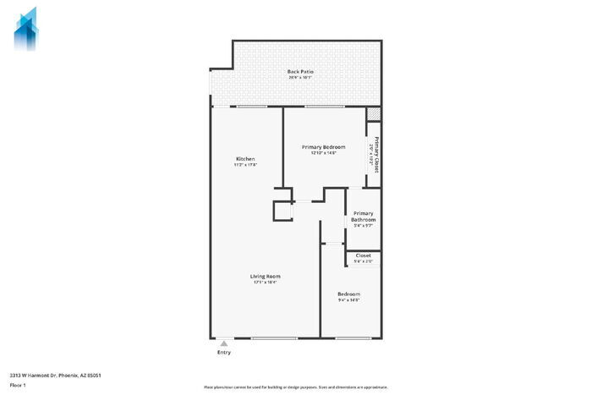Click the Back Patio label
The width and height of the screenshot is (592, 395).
300,72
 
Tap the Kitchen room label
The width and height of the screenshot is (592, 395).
245,159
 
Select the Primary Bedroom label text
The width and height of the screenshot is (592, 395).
323,147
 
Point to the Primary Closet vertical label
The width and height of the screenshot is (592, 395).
375,155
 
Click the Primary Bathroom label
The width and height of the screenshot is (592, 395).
363,217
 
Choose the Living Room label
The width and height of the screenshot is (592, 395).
265,277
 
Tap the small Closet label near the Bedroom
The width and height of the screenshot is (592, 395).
363,255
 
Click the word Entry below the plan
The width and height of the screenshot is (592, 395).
223,352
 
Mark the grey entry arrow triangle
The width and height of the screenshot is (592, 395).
223,343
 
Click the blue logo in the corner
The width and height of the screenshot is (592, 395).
26,27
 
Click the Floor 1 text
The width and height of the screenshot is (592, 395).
19,385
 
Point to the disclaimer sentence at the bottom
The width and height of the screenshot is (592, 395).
295,385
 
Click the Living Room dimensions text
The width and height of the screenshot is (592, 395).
265,283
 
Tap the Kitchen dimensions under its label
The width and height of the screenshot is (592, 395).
245,165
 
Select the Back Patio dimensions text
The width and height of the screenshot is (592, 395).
300,78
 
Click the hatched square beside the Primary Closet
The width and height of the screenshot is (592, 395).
373,114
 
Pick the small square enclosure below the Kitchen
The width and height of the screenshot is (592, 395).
282,210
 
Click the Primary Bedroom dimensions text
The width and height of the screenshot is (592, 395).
323,153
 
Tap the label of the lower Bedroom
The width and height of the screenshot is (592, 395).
348,294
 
